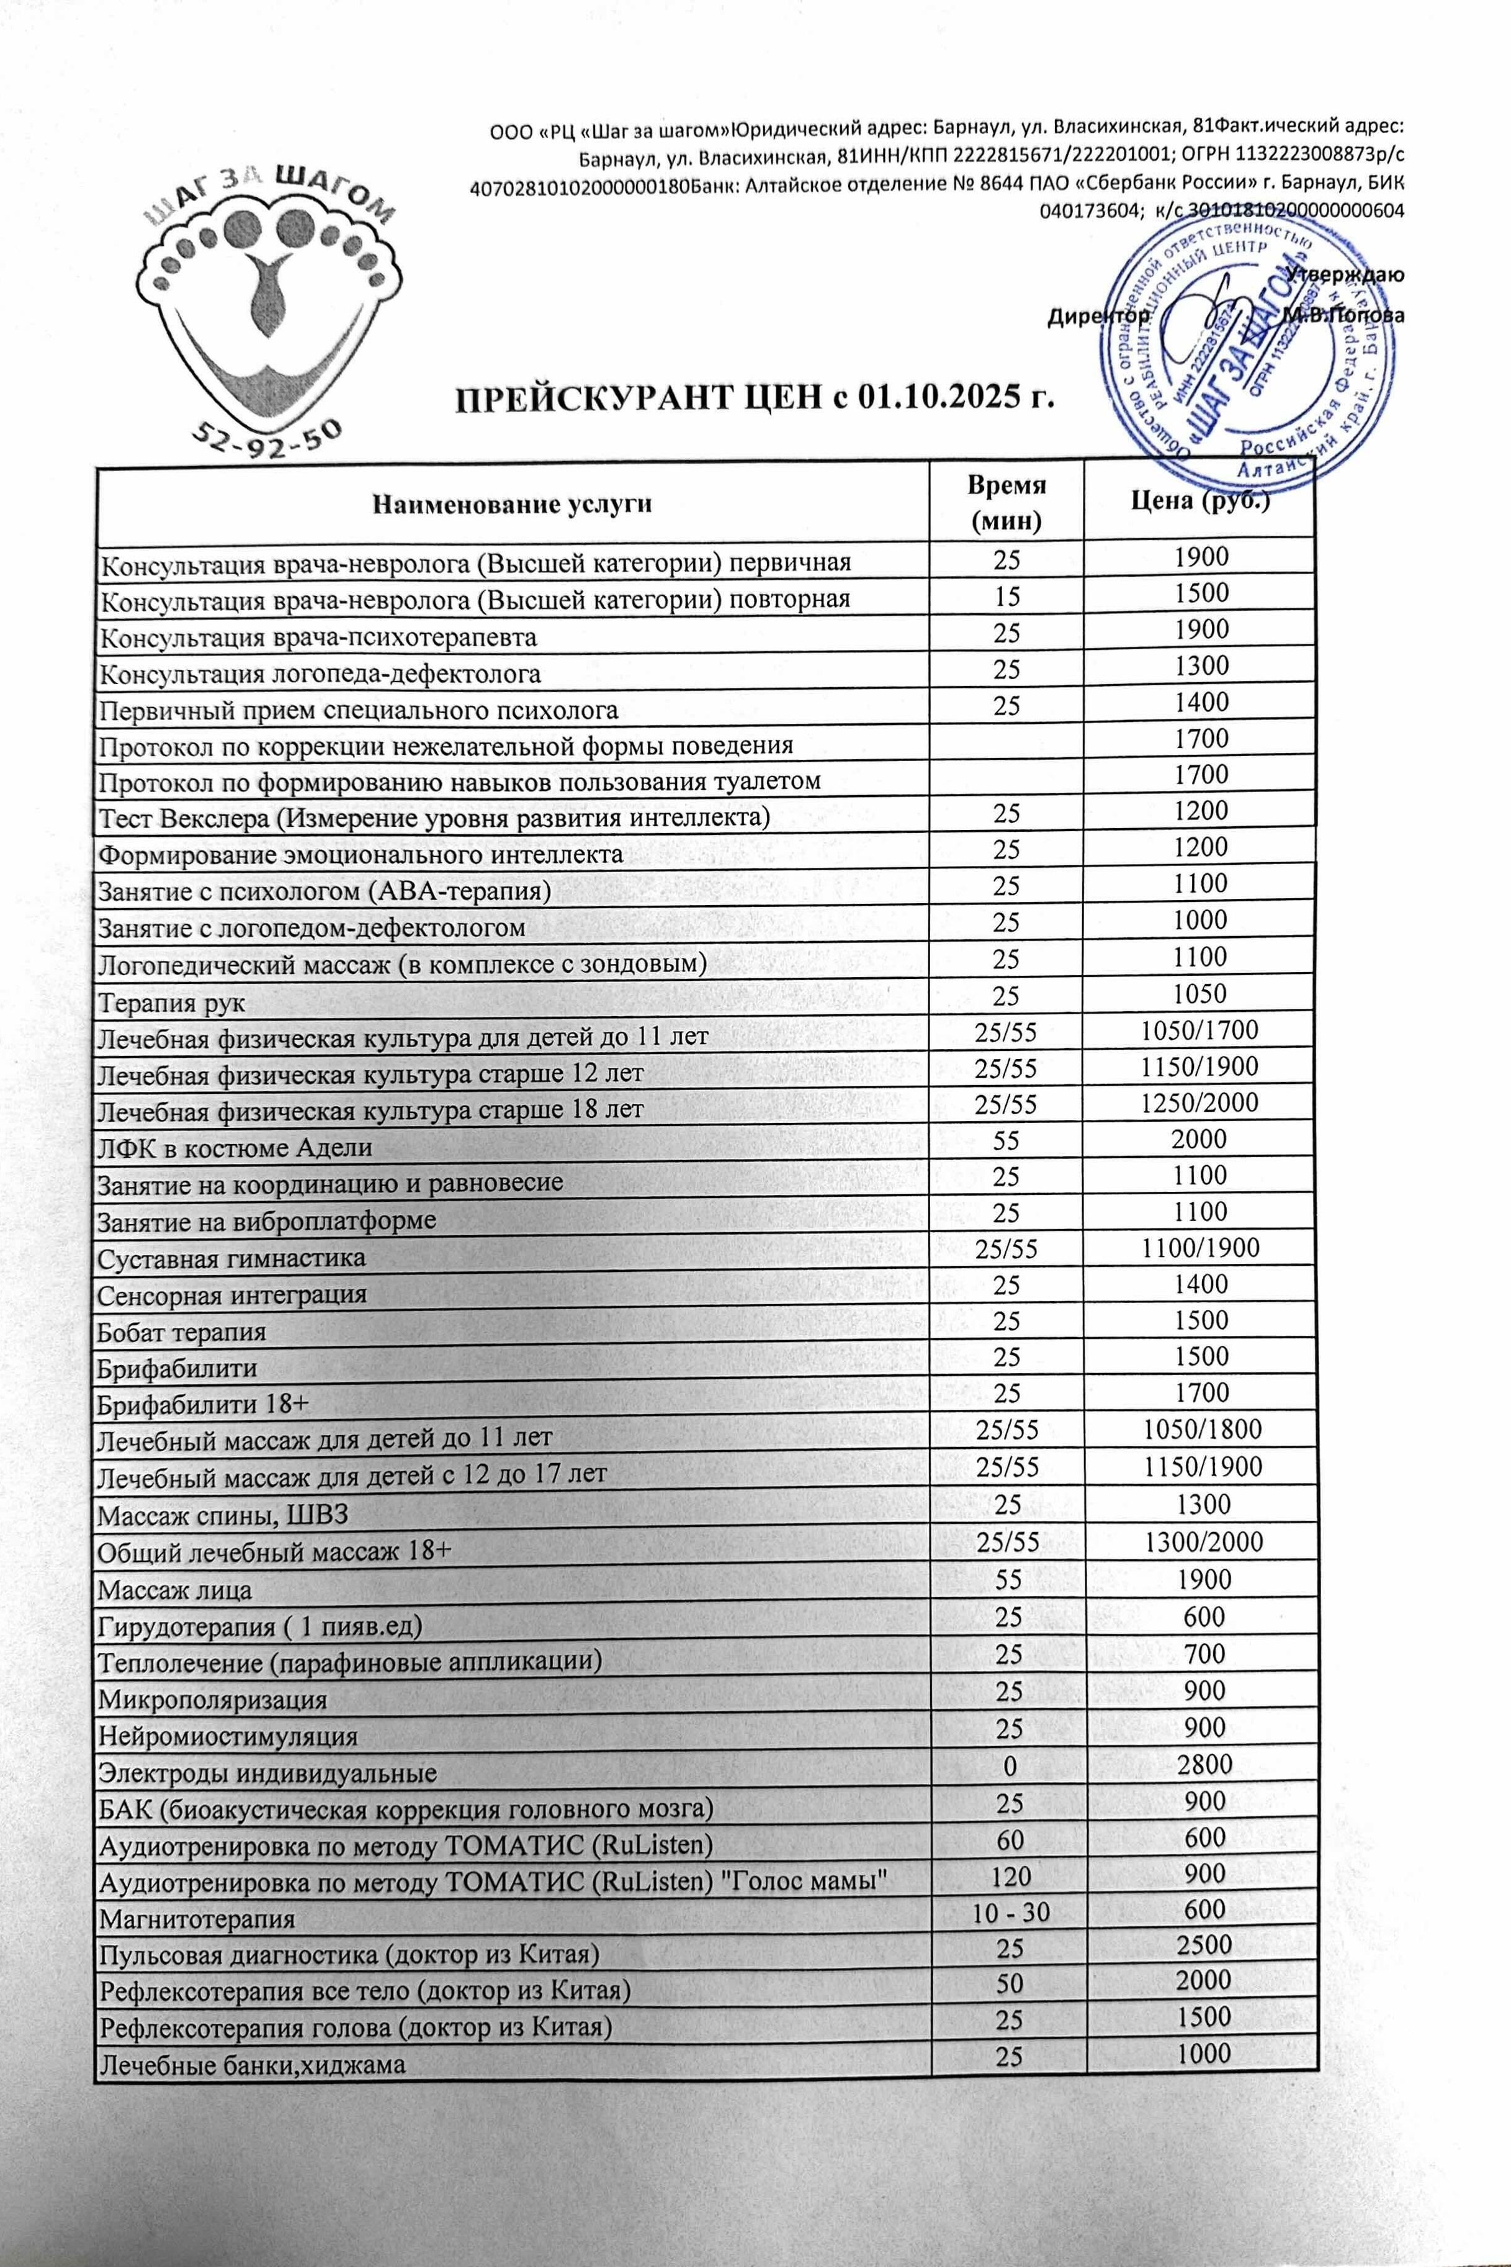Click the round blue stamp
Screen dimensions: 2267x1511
tap(1250, 354)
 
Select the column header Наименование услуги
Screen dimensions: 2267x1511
tap(512, 503)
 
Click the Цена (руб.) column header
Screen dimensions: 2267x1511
tap(1199, 501)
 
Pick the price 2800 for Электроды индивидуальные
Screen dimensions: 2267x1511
tap(1204, 1764)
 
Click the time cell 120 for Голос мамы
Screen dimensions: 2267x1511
tap(1009, 1876)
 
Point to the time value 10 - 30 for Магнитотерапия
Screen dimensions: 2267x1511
tap(1009, 1913)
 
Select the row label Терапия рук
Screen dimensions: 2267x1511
tap(171, 1003)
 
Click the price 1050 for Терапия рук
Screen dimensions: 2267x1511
tap(1199, 994)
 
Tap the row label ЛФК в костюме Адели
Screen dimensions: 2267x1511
tap(234, 1147)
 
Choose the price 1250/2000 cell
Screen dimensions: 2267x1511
tap(1199, 1102)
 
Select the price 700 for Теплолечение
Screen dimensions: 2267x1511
tap(1204, 1654)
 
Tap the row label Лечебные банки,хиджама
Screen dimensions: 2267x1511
tap(251, 2065)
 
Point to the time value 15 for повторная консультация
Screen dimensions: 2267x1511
tap(1007, 596)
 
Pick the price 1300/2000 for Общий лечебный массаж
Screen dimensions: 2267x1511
tap(1203, 1542)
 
